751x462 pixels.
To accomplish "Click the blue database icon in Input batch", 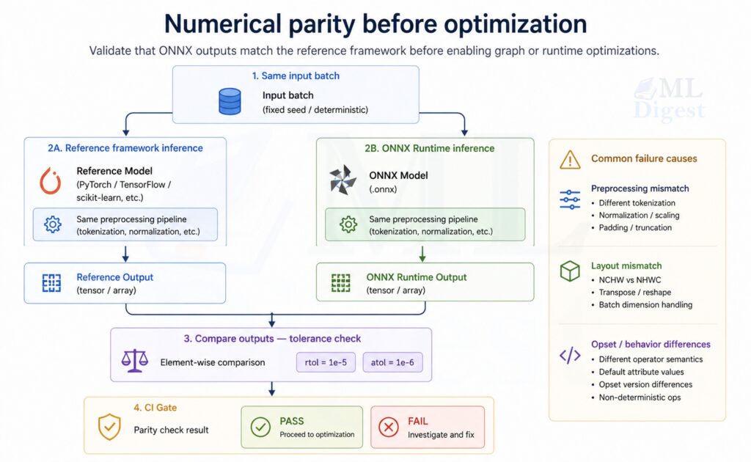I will click(230, 101).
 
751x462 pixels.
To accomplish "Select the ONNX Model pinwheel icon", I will click(342, 180).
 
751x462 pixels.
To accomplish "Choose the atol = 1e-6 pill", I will click(392, 362).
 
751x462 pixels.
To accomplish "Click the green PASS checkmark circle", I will click(260, 427).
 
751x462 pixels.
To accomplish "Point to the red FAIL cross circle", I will click(388, 427).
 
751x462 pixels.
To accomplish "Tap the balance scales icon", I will click(134, 362).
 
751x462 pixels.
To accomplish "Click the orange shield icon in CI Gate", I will click(109, 427).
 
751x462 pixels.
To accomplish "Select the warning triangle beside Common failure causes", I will click(570, 158).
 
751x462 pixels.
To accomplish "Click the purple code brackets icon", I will click(570, 356).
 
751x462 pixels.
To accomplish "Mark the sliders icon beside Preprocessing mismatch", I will click(570, 199).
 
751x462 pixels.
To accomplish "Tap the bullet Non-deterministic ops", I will click(640, 397).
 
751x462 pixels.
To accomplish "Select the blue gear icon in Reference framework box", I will click(53, 225).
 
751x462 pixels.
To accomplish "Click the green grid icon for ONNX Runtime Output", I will click(341, 282).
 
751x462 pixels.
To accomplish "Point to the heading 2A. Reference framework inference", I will click(125, 147).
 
